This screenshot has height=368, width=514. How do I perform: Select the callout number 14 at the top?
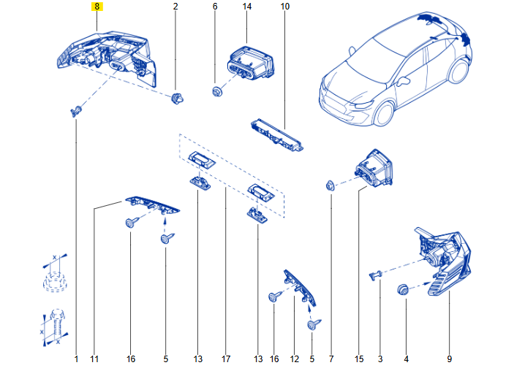coord(247,7)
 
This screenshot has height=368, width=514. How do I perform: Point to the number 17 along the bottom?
coord(226,359)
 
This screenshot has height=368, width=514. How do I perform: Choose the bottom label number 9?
coord(449,359)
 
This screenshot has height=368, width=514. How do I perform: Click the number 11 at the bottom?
coord(94,359)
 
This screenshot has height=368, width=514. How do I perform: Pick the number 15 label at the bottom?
coord(359,359)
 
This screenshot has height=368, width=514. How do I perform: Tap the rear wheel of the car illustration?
coord(458,71)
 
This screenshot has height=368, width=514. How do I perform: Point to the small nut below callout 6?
coord(216,91)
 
